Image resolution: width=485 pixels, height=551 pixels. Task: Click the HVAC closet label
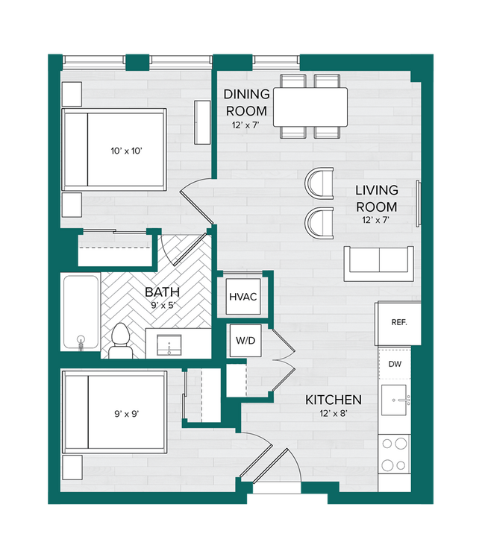[242, 297]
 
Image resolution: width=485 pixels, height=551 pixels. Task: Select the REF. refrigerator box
[398, 324]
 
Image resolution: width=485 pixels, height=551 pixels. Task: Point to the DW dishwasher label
[395, 365]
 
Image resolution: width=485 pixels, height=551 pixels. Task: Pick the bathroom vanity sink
[172, 345]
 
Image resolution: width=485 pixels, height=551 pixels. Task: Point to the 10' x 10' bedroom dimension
[127, 151]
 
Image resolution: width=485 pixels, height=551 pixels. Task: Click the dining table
[310, 107]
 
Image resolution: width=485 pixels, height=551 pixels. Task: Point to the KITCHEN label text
[334, 400]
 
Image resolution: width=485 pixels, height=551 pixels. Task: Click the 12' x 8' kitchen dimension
[334, 415]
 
